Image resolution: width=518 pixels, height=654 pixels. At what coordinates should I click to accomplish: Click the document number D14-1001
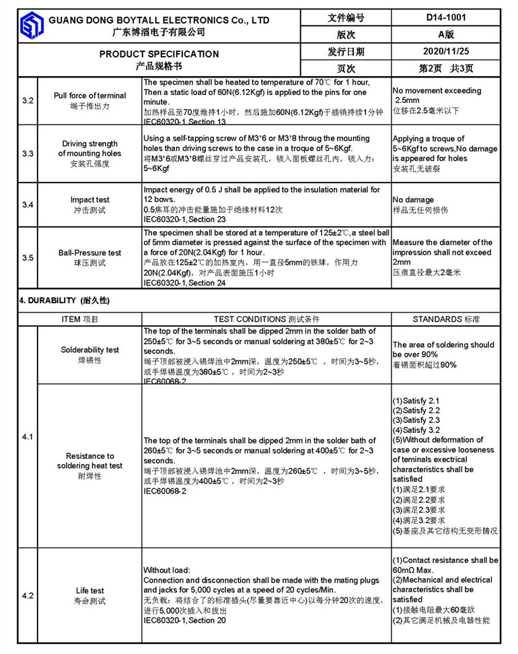point(446,18)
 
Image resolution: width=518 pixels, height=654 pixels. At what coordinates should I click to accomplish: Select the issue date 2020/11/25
point(446,51)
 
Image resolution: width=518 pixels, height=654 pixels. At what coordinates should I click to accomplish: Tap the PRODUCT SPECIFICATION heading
point(159,54)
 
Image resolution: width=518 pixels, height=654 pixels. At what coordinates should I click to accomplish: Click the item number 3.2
point(28,100)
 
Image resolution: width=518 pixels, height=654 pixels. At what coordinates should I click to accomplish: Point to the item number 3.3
point(28,154)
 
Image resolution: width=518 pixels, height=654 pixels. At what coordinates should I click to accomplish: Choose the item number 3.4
point(28,204)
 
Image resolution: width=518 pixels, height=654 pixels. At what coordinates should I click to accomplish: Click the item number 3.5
point(28,257)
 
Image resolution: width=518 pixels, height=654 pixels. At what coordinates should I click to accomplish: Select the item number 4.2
point(28,595)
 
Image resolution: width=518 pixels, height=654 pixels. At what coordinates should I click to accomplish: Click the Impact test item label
point(89,200)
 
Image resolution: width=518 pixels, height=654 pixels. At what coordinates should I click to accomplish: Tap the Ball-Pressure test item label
point(89,253)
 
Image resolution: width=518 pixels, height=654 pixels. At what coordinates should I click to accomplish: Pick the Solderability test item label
point(89,350)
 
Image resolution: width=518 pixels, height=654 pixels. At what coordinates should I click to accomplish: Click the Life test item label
point(89,591)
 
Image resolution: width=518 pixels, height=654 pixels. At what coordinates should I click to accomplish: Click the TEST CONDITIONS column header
point(267,319)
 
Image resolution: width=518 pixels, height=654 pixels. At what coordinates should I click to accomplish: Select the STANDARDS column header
point(446,319)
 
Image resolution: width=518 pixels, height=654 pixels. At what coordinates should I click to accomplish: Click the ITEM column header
point(80,319)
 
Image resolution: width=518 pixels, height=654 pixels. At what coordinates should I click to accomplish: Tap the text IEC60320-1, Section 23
point(184,220)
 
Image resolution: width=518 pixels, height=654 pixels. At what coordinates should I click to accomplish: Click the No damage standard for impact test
point(413,200)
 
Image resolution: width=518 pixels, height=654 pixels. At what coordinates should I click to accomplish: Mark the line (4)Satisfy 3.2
point(416,430)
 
